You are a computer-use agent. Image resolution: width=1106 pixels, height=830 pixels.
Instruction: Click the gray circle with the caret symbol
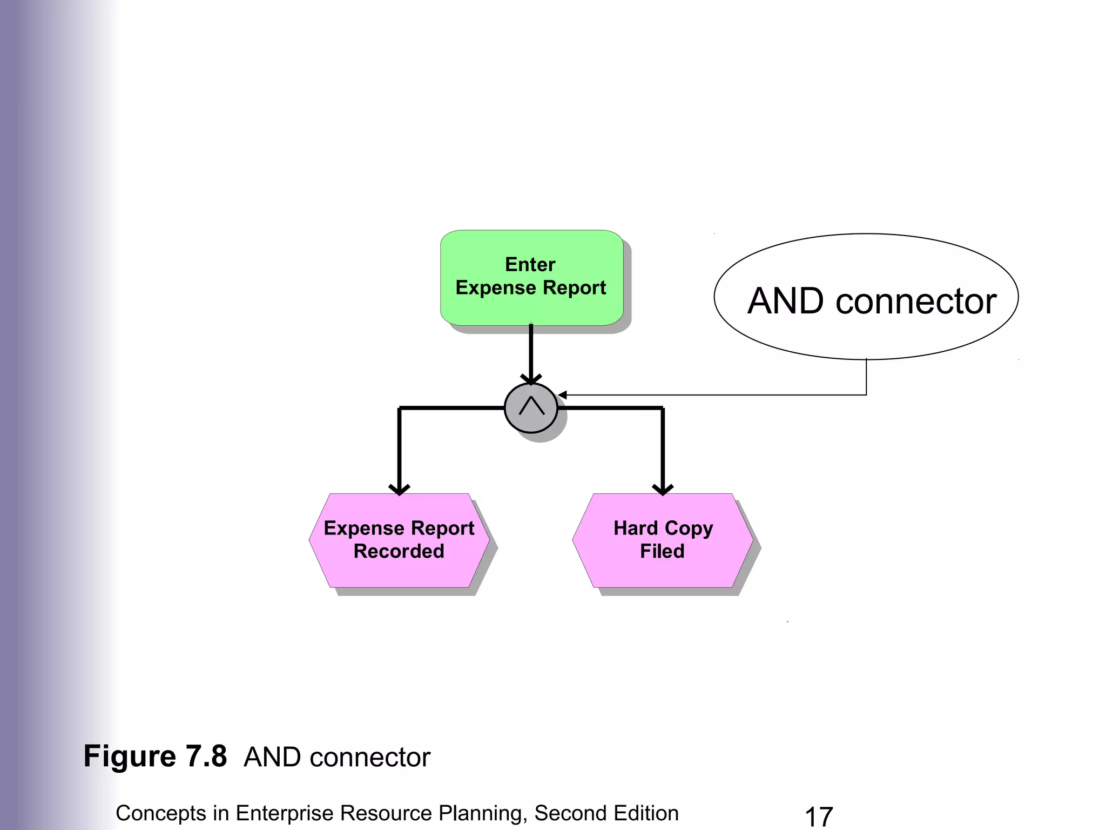tap(531, 409)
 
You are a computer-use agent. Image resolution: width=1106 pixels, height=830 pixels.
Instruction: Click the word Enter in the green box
tap(530, 265)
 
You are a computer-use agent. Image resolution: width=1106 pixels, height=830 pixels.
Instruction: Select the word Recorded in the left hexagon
tap(399, 551)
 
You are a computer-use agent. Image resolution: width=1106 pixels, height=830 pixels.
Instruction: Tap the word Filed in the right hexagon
tap(662, 551)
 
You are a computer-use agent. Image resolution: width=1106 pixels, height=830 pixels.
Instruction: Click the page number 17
tap(819, 816)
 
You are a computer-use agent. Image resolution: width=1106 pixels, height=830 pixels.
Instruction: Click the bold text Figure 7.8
tap(155, 756)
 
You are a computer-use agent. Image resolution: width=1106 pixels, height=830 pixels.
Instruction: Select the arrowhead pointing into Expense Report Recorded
tap(399, 490)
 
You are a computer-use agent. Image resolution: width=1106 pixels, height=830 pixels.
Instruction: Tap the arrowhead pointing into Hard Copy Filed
tap(663, 490)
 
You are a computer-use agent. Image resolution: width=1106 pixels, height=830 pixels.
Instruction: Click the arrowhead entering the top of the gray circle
tap(531, 380)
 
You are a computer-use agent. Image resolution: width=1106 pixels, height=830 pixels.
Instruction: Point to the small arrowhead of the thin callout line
tap(562, 396)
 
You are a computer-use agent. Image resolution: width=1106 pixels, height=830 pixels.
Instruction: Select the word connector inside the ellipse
tap(916, 301)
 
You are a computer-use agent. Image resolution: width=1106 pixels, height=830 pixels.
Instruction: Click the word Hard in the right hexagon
tap(636, 528)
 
